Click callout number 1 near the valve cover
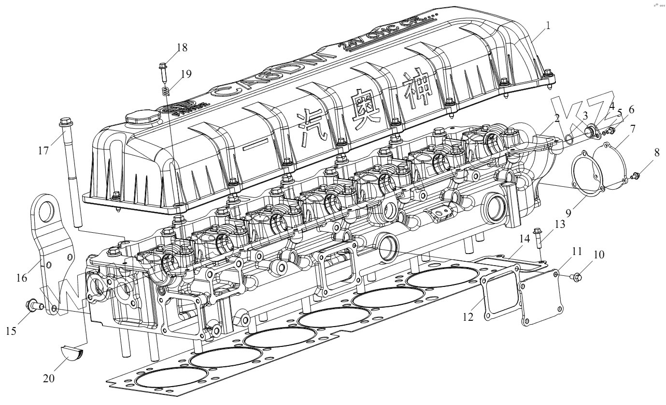[548, 25]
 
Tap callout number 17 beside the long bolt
[43, 150]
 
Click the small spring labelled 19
[166, 90]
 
